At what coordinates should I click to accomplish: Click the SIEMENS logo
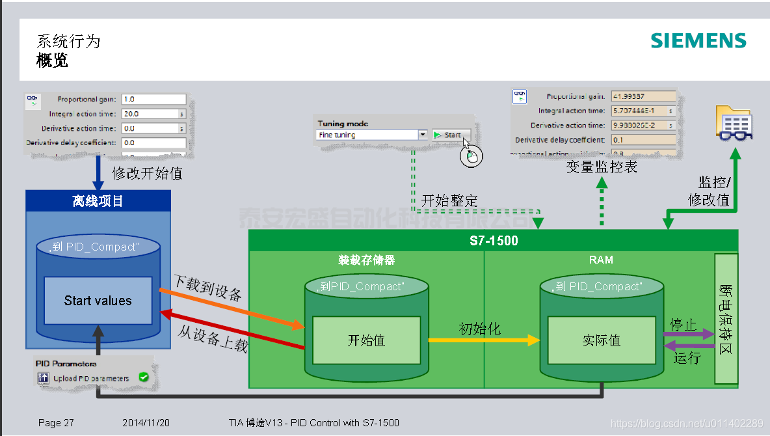click(698, 40)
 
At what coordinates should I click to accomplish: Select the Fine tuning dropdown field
click(371, 135)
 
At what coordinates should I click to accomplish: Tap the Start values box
click(98, 301)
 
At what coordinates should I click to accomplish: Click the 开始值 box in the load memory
click(366, 340)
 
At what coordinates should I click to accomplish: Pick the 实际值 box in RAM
click(601, 340)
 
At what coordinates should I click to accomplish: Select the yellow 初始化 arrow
click(484, 340)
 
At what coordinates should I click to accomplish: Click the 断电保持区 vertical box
click(726, 319)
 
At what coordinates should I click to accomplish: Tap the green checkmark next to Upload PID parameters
click(144, 377)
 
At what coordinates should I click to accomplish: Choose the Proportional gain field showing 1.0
click(153, 100)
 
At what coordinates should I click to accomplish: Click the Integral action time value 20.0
click(150, 114)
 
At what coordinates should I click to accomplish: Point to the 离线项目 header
click(98, 201)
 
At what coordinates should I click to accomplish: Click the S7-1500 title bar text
click(494, 241)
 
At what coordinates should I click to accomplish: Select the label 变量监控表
click(601, 167)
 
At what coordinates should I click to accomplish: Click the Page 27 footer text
click(56, 423)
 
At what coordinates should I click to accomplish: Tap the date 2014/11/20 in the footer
click(146, 423)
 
